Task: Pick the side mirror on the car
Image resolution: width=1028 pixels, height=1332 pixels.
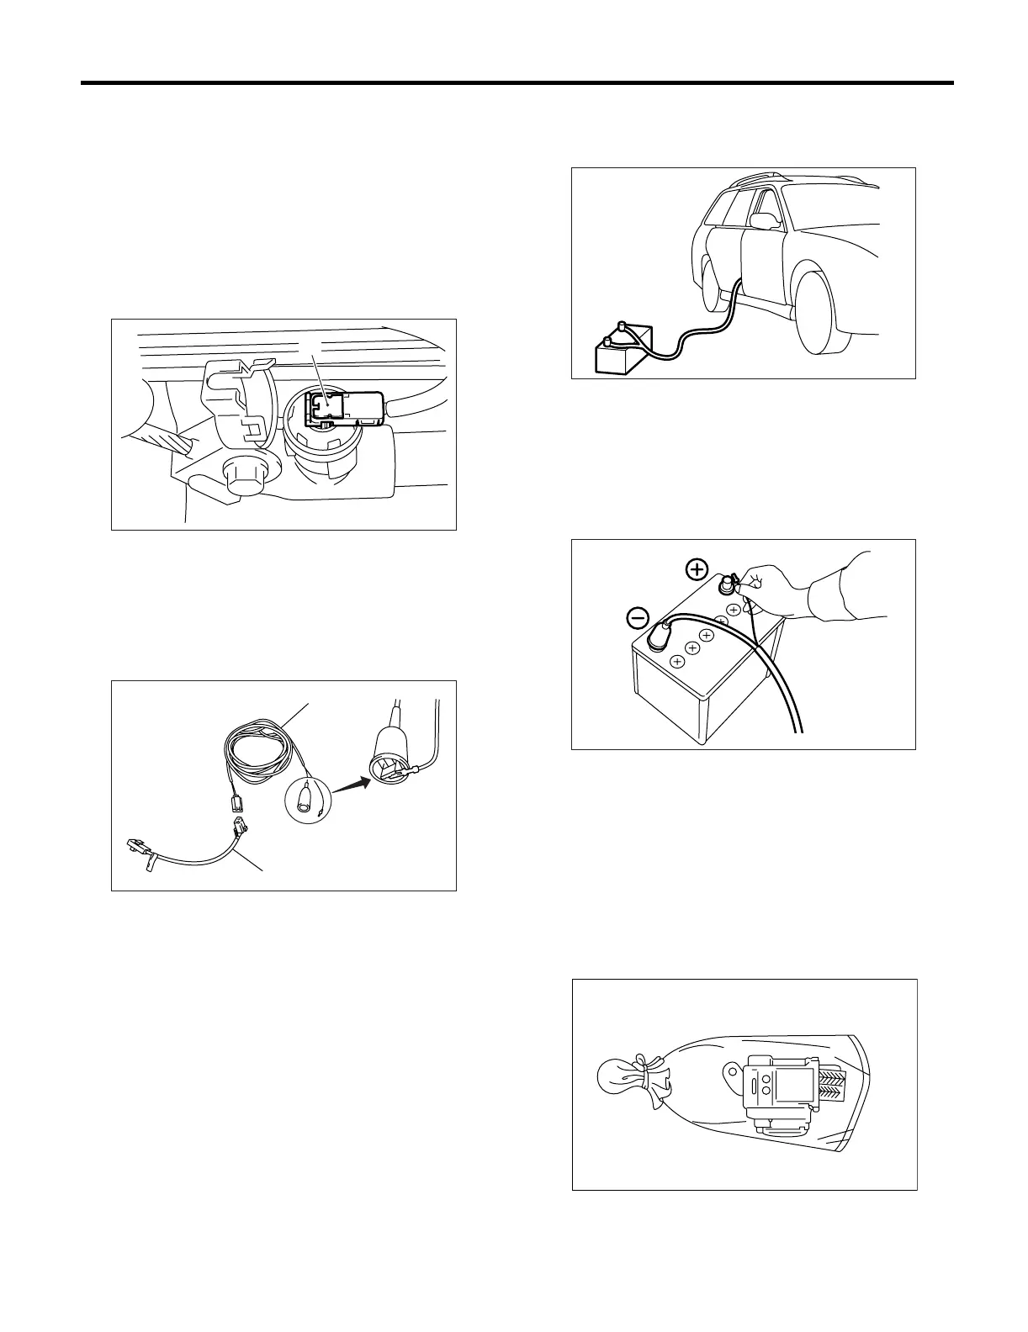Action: [764, 220]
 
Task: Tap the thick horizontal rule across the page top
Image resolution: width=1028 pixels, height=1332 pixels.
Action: [517, 83]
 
